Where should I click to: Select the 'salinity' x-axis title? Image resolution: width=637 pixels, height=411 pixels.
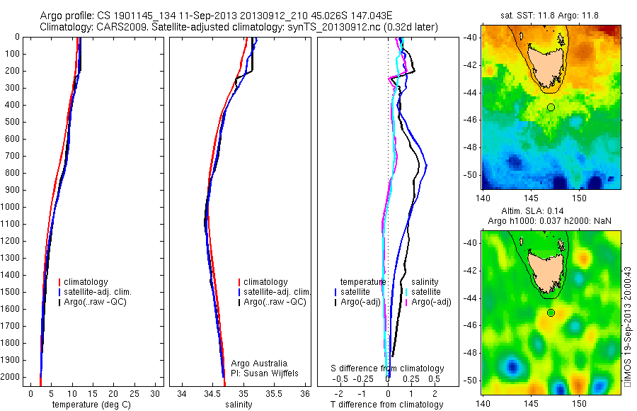238,405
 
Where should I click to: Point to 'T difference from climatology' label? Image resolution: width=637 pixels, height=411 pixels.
387,405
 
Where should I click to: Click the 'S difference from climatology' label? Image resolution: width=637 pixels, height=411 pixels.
387,368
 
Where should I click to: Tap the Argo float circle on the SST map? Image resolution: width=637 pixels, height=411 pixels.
551,107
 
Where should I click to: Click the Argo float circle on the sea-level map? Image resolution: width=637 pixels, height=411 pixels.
551,313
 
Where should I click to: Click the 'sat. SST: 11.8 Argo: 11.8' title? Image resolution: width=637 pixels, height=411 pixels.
551,14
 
